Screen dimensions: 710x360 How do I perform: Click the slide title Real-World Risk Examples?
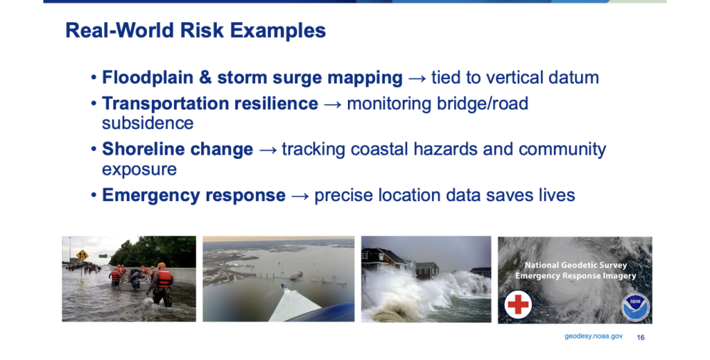click(196, 31)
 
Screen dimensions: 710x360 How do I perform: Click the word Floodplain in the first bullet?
click(148, 78)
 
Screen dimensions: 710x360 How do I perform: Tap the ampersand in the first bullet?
click(205, 78)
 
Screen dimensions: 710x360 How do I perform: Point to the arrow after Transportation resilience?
click(332, 104)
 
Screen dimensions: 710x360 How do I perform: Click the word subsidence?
click(148, 123)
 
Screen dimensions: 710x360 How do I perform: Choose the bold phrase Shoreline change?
click(177, 149)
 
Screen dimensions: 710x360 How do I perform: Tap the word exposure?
click(139, 170)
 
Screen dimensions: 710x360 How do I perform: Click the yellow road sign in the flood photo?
click(82, 255)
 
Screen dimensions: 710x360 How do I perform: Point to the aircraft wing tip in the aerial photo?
click(283, 286)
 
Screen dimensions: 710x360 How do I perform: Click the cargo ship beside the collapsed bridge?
click(296, 275)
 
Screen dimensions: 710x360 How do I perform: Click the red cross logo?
click(518, 305)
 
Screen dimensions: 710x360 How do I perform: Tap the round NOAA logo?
click(635, 307)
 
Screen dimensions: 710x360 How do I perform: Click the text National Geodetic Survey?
click(575, 266)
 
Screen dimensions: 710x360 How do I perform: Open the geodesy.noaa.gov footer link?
click(594, 336)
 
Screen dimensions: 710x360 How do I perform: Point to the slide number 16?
click(641, 337)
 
